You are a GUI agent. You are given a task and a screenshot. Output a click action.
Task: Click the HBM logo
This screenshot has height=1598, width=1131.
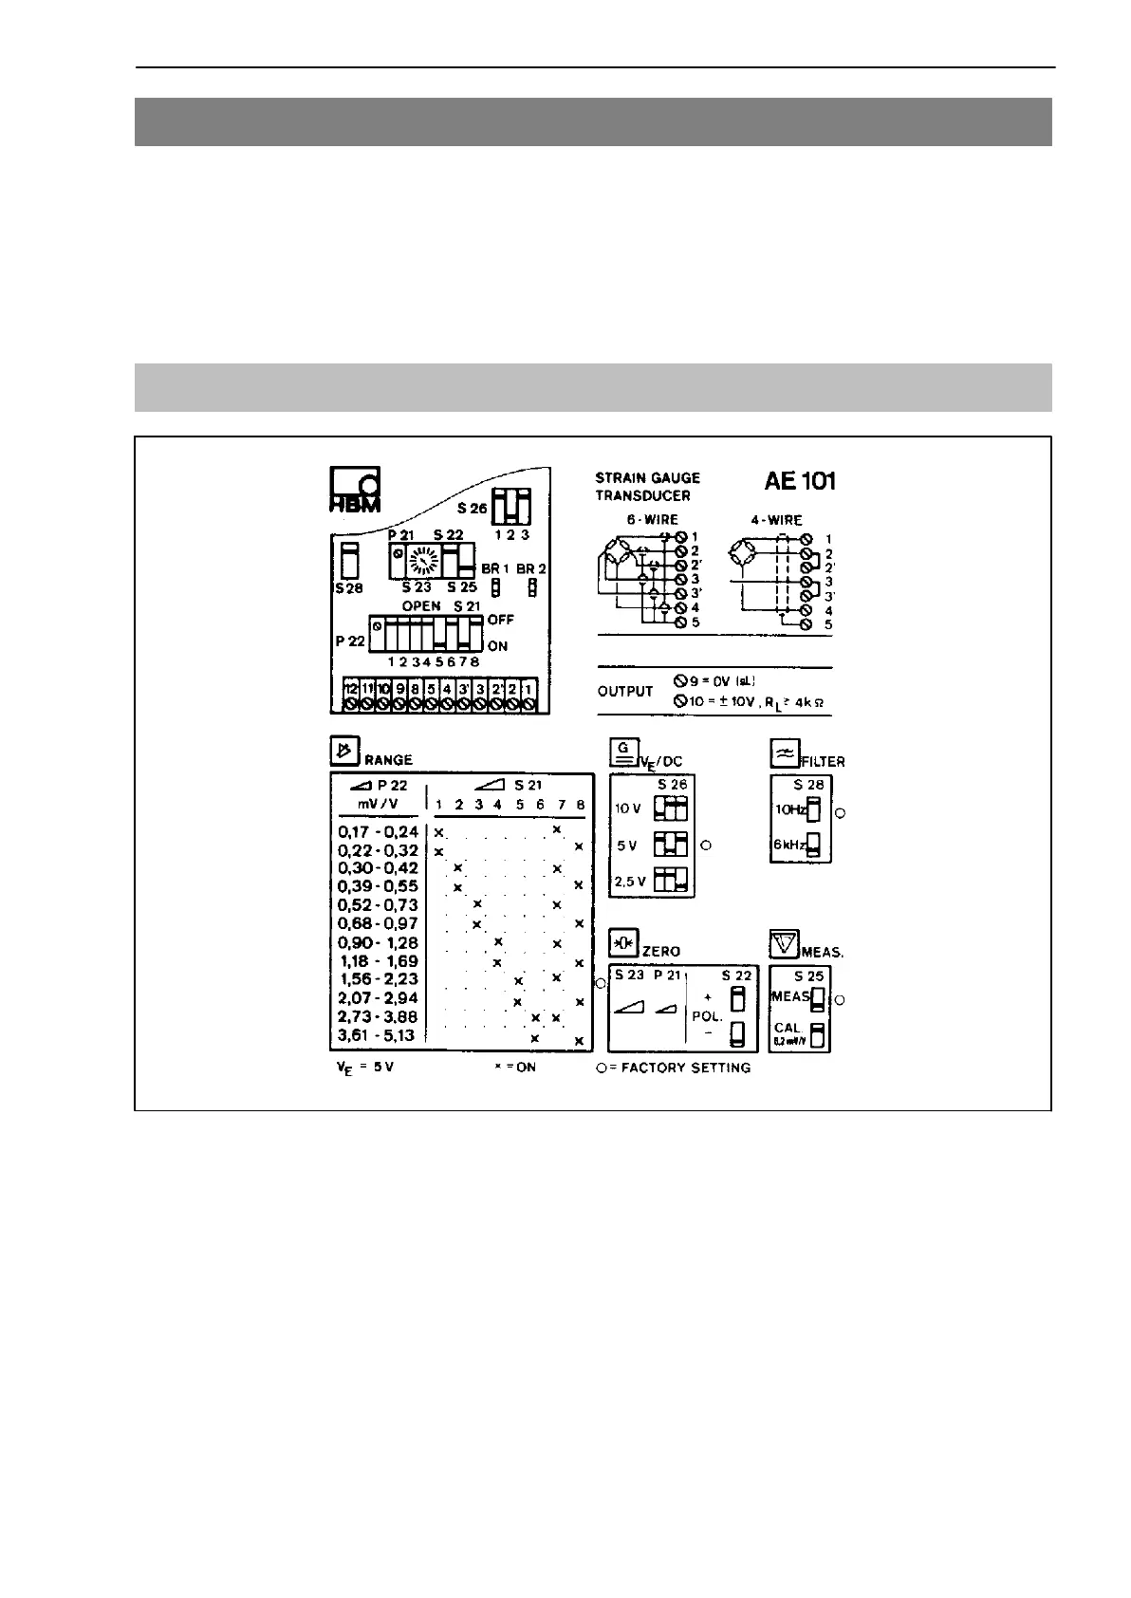[x=355, y=490]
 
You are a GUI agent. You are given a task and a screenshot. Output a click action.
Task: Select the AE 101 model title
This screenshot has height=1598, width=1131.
[x=799, y=481]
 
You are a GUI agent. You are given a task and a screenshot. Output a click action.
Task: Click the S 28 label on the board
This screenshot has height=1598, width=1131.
[x=349, y=588]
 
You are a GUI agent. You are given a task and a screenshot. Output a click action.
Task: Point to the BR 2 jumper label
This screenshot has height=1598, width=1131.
[x=532, y=568]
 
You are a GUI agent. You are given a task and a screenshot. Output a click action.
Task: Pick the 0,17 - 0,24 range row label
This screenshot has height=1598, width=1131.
[x=378, y=832]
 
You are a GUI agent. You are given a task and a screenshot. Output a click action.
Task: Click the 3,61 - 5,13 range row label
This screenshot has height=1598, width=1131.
[x=378, y=1035]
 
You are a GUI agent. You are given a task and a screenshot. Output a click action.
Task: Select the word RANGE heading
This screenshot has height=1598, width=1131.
[x=388, y=760]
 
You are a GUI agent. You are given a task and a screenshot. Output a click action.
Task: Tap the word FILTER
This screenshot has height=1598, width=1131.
[x=823, y=761]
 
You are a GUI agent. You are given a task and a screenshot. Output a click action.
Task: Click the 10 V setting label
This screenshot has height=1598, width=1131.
[x=628, y=808]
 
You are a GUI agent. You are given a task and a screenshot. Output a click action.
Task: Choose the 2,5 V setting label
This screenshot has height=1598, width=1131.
[x=630, y=881]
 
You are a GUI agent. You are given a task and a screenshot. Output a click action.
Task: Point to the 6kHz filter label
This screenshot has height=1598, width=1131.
[x=789, y=845]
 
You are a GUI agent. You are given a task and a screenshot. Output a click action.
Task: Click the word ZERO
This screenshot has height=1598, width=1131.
[x=661, y=951]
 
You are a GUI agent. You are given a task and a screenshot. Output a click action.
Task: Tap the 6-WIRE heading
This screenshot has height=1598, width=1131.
[x=652, y=520]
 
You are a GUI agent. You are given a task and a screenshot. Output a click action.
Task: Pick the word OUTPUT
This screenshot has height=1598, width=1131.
[x=625, y=691]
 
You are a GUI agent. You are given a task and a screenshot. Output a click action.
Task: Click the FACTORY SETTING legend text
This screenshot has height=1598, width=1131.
[x=686, y=1068]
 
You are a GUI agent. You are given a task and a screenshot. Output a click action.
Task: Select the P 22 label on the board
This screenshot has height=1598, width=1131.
[x=350, y=641]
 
